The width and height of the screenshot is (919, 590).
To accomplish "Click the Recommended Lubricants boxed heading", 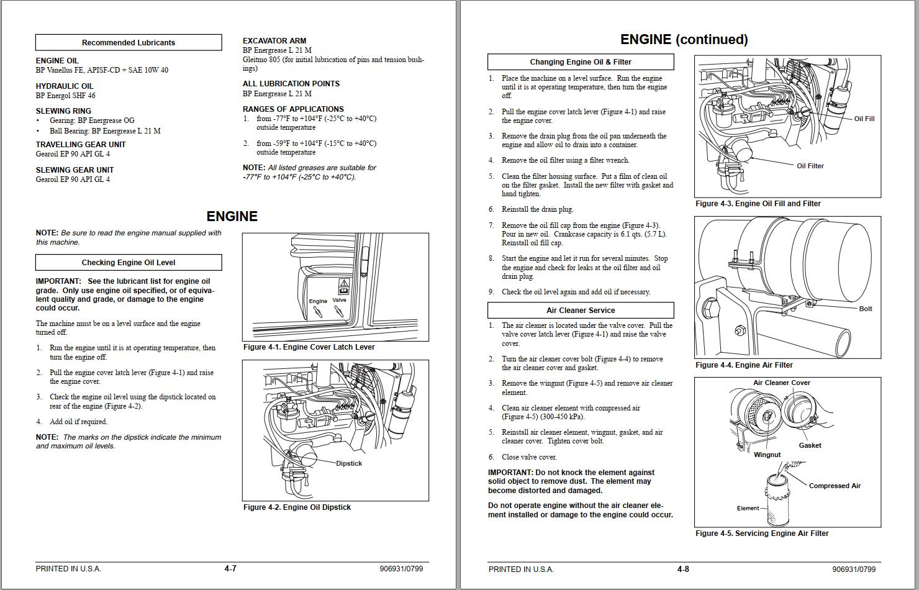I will [x=129, y=43].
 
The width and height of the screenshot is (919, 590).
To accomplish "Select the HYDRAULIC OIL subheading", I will [x=65, y=86].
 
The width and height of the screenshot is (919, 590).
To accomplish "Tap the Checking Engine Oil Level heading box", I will [x=129, y=262].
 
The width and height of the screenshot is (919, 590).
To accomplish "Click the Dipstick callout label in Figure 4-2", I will [x=349, y=463].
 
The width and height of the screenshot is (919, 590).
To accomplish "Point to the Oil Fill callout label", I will [x=864, y=119].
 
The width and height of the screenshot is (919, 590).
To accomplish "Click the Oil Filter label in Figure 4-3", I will [x=810, y=166].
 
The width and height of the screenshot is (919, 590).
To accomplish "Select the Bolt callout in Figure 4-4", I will [x=865, y=309].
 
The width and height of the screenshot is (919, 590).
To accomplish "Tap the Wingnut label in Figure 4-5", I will [x=767, y=455].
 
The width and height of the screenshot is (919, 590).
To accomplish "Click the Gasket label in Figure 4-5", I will [x=810, y=445].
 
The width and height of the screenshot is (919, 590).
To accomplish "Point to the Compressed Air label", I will [x=835, y=486].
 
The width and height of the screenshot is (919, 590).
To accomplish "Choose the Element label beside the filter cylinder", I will [x=748, y=508].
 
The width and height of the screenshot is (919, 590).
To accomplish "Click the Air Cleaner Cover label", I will [x=781, y=383].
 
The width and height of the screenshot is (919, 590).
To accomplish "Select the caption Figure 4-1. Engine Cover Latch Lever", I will [x=309, y=347].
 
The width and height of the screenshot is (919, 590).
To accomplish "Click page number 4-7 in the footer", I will [x=230, y=569].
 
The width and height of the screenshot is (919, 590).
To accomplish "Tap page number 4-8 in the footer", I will [x=683, y=569].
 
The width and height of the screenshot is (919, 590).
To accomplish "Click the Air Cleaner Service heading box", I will [x=581, y=310].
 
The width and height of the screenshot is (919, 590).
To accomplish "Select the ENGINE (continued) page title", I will [x=684, y=40].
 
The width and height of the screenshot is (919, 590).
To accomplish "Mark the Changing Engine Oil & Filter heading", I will [x=581, y=62].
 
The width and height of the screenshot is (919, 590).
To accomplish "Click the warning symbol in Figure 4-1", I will [x=343, y=286].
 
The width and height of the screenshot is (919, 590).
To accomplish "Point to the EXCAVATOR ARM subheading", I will [x=274, y=41].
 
